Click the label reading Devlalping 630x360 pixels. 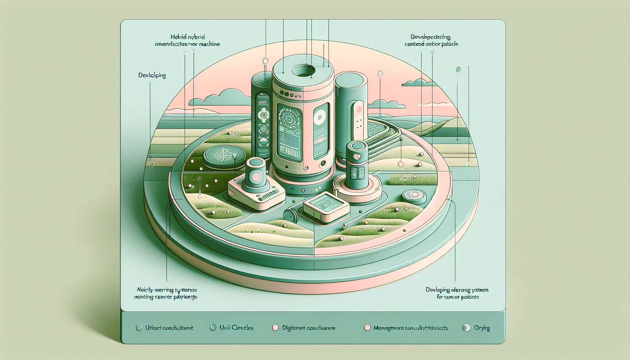[152, 75]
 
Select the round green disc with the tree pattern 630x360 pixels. [224, 156]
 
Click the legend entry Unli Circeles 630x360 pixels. [232, 328]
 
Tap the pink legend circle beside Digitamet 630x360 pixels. [276, 328]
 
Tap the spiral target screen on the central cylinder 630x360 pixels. [290, 120]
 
